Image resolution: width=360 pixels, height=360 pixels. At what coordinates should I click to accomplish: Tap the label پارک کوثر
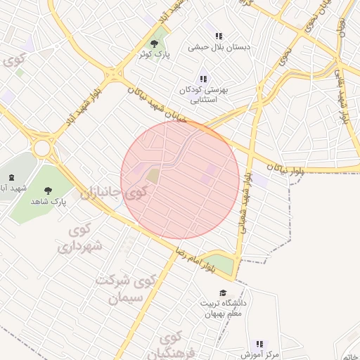pyautogui.click(x=154, y=54)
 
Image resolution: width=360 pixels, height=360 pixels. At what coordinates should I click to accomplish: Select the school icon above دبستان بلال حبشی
pyautogui.click(x=219, y=36)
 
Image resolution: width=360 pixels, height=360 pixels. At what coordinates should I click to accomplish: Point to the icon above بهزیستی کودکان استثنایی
pyautogui.click(x=203, y=79)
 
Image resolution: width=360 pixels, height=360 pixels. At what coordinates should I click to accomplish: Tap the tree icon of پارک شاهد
pyautogui.click(x=48, y=190)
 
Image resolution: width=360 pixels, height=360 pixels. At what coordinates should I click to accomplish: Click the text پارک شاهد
pyautogui.click(x=48, y=201)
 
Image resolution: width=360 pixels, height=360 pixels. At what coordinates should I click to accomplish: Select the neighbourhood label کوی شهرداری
pyautogui.click(x=79, y=238)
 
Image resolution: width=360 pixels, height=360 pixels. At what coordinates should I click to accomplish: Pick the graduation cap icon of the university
pyautogui.click(x=223, y=293)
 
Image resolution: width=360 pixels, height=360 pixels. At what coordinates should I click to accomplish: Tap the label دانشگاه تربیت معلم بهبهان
pyautogui.click(x=223, y=309)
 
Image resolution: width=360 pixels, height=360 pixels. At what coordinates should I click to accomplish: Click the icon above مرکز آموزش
pyautogui.click(x=260, y=344)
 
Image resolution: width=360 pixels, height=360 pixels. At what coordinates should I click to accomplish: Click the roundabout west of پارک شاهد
pyautogui.click(x=44, y=148)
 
